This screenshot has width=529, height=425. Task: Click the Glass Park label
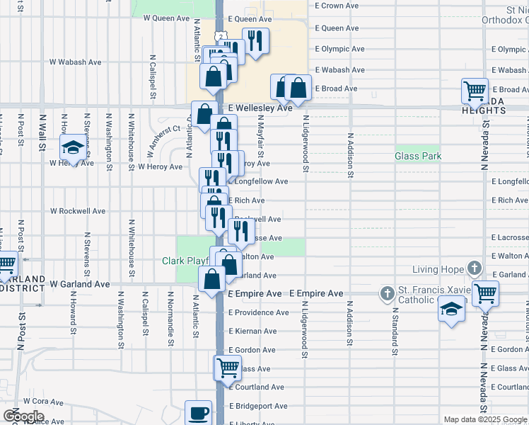(417, 156)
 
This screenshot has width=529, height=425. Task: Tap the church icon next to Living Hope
(475, 269)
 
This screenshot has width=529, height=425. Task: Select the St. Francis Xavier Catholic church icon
(387, 293)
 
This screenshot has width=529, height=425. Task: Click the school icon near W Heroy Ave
(73, 147)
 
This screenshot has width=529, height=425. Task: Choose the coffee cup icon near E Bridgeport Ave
(198, 412)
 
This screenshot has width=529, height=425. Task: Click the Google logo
(23, 416)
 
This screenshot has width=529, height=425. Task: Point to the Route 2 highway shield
(221, 36)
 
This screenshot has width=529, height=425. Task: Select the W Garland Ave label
(79, 284)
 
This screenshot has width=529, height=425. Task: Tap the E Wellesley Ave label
(260, 108)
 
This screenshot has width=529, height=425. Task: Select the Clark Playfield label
(186, 261)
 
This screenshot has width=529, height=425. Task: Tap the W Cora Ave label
(42, 401)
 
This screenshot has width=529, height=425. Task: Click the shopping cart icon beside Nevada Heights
(475, 91)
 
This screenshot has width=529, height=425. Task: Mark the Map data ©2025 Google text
(485, 419)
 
